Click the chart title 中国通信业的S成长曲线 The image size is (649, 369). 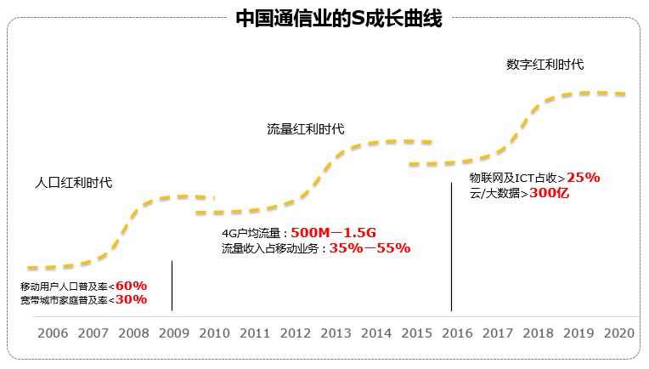pyautogui.click(x=339, y=19)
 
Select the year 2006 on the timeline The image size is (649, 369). pyautogui.click(x=53, y=333)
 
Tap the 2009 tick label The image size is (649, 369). pyautogui.click(x=173, y=333)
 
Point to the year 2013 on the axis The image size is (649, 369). pyautogui.click(x=336, y=333)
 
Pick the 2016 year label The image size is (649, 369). pyautogui.click(x=457, y=333)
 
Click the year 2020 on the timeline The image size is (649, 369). pyautogui.click(x=618, y=333)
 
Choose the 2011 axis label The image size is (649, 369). pyautogui.click(x=255, y=333)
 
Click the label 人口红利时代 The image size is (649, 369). pyautogui.click(x=73, y=182)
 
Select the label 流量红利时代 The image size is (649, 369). pyautogui.click(x=305, y=128)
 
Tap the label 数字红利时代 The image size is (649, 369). pyautogui.click(x=545, y=64)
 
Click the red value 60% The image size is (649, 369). pyautogui.click(x=131, y=285)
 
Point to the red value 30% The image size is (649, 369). pyautogui.click(x=131, y=299)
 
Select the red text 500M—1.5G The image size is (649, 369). pyautogui.click(x=332, y=233)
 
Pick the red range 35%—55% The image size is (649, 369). pyautogui.click(x=370, y=248)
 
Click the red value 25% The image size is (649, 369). pyautogui.click(x=584, y=178)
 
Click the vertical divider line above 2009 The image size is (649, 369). pyautogui.click(x=172, y=285)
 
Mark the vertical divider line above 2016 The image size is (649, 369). pyautogui.click(x=451, y=247)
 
